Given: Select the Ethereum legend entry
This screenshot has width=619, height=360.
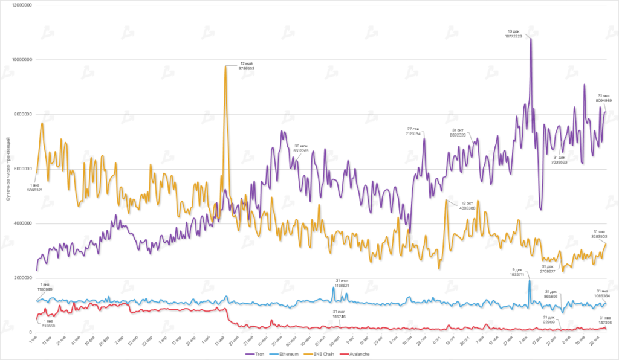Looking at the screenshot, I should click(285, 354).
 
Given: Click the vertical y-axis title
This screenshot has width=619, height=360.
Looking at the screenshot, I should click(7, 169).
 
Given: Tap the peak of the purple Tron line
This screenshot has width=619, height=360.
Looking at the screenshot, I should click(531, 38).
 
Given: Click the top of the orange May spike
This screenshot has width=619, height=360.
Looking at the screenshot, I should click(225, 66).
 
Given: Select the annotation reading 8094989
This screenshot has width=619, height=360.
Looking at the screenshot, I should click(604, 101).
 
